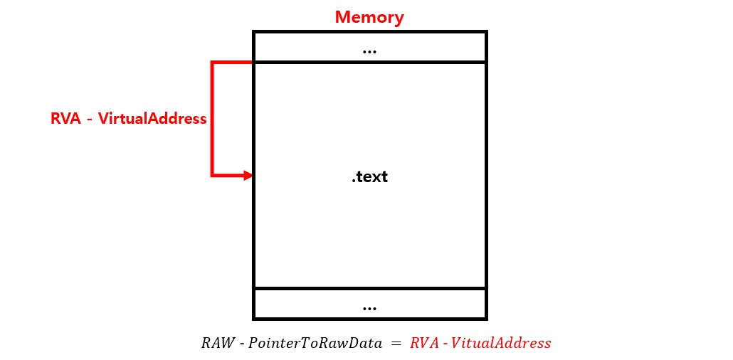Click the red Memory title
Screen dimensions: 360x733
tap(369, 17)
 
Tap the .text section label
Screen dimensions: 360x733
tap(369, 176)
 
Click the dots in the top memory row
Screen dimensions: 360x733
tap(369, 51)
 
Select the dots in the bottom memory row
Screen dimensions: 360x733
tap(369, 308)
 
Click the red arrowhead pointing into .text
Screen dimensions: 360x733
tap(248, 174)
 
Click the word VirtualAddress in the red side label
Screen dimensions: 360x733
tap(152, 119)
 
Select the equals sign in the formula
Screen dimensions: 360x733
tap(395, 343)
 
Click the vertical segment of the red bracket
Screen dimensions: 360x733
tap(212, 118)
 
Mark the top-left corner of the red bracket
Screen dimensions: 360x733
tap(212, 63)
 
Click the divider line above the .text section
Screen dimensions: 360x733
tap(369, 62)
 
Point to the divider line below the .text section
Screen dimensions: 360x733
tap(369, 288)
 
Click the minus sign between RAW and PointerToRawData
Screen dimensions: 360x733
tap(242, 344)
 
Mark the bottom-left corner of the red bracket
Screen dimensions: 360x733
tap(212, 174)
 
